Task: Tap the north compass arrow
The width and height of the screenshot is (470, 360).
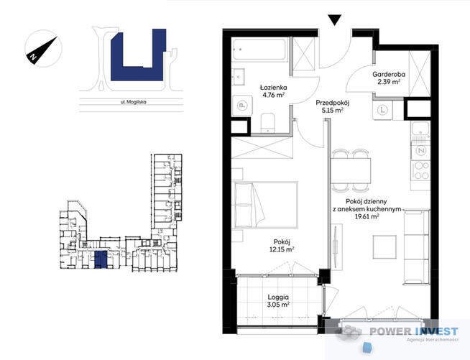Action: click(x=37, y=50)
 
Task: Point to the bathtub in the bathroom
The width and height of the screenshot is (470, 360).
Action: click(x=262, y=51)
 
